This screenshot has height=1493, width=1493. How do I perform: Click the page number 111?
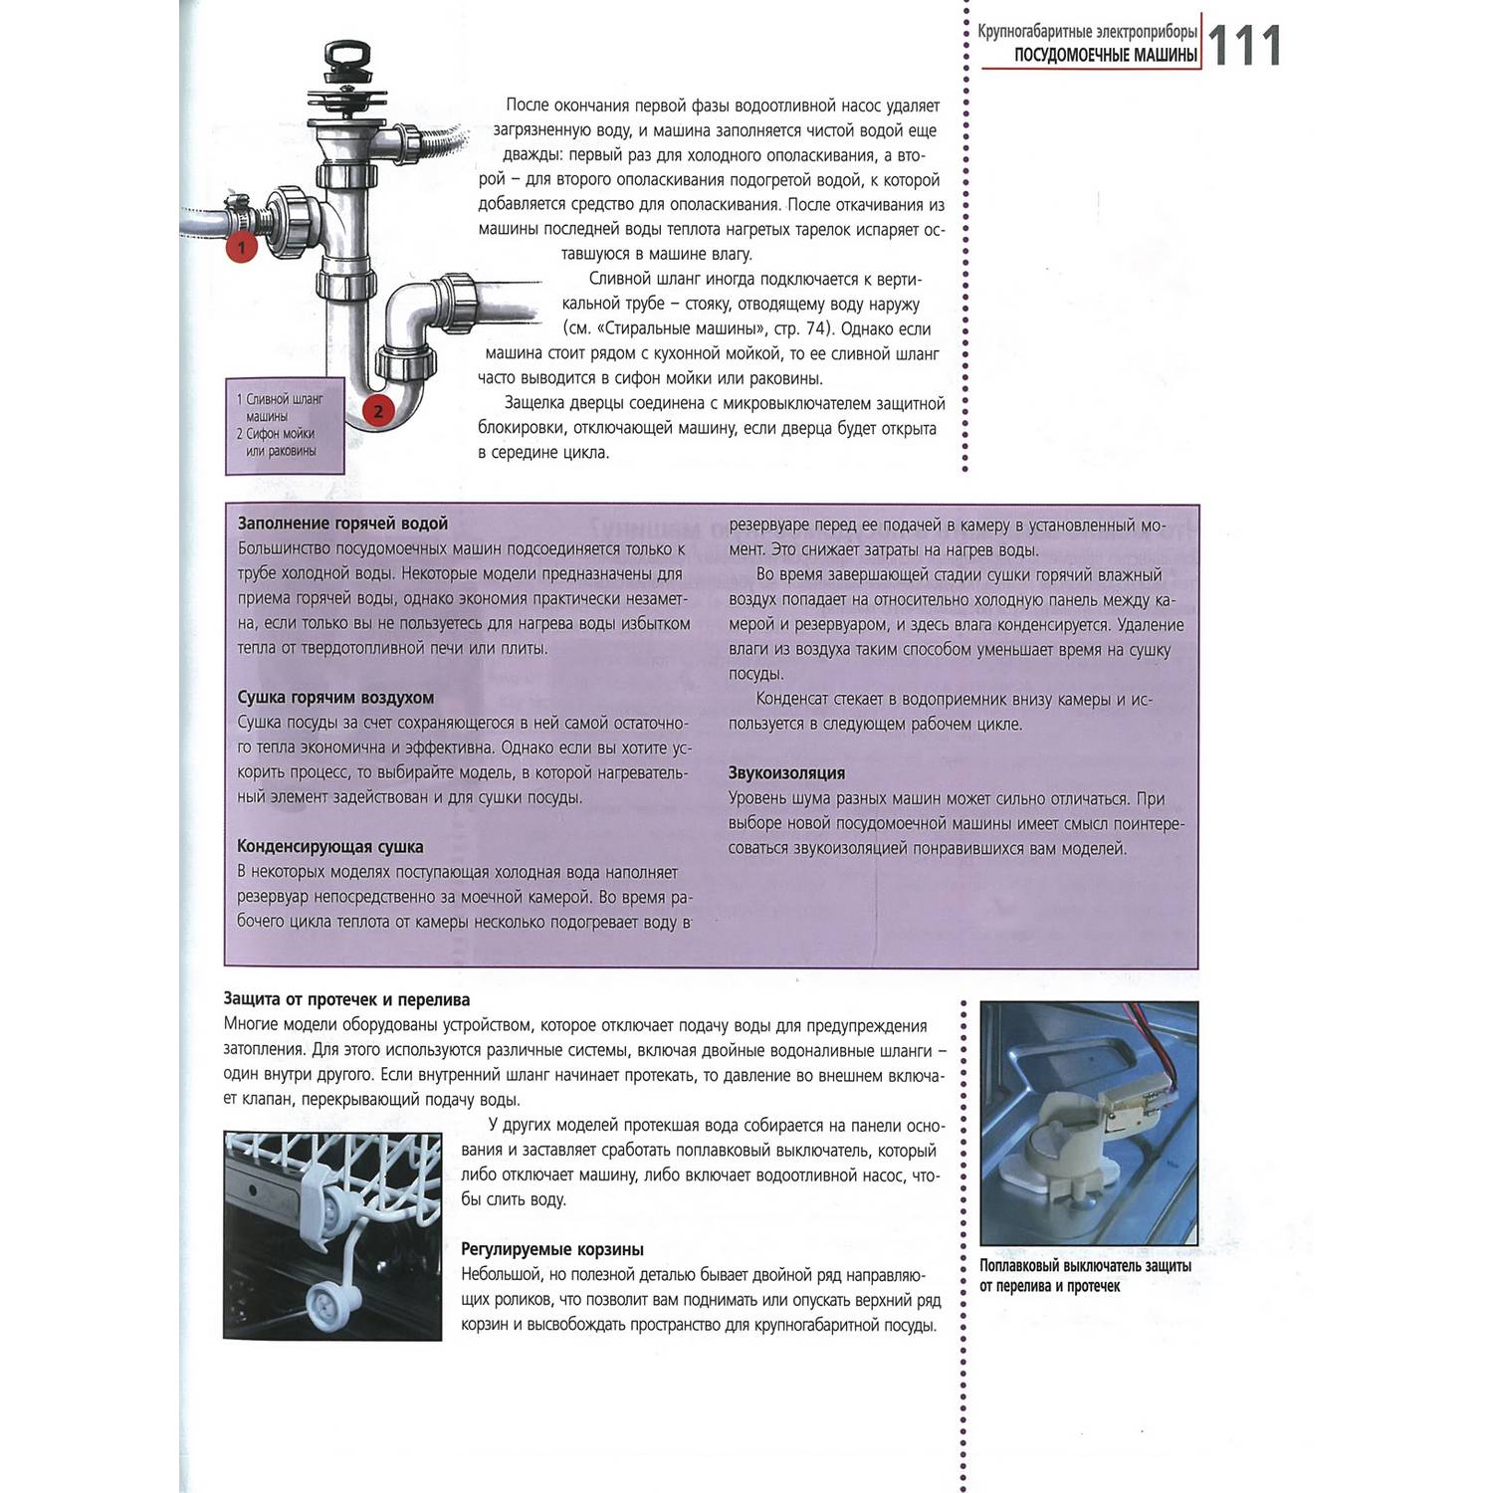pos(1243,47)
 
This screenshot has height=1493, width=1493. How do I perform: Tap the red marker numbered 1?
pos(241,247)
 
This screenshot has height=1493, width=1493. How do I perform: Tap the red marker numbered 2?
pos(378,410)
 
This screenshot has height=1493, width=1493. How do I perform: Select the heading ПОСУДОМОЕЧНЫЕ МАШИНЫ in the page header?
pos(1105,56)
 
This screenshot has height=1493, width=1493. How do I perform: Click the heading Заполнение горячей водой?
pos(342,524)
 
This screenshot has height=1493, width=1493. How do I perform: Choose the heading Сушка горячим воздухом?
pos(335,698)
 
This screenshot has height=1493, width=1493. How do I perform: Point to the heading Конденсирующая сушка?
pos(329,847)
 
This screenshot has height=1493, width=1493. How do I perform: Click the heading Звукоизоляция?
pos(786,773)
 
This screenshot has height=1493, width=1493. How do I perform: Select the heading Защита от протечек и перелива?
pos(346,999)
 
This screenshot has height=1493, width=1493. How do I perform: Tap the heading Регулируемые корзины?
pos(552,1249)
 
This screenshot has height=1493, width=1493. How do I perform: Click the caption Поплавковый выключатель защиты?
pos(1085,1266)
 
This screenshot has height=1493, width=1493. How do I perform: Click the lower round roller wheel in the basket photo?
pos(324,1299)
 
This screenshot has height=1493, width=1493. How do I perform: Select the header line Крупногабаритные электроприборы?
pos(1087,32)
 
